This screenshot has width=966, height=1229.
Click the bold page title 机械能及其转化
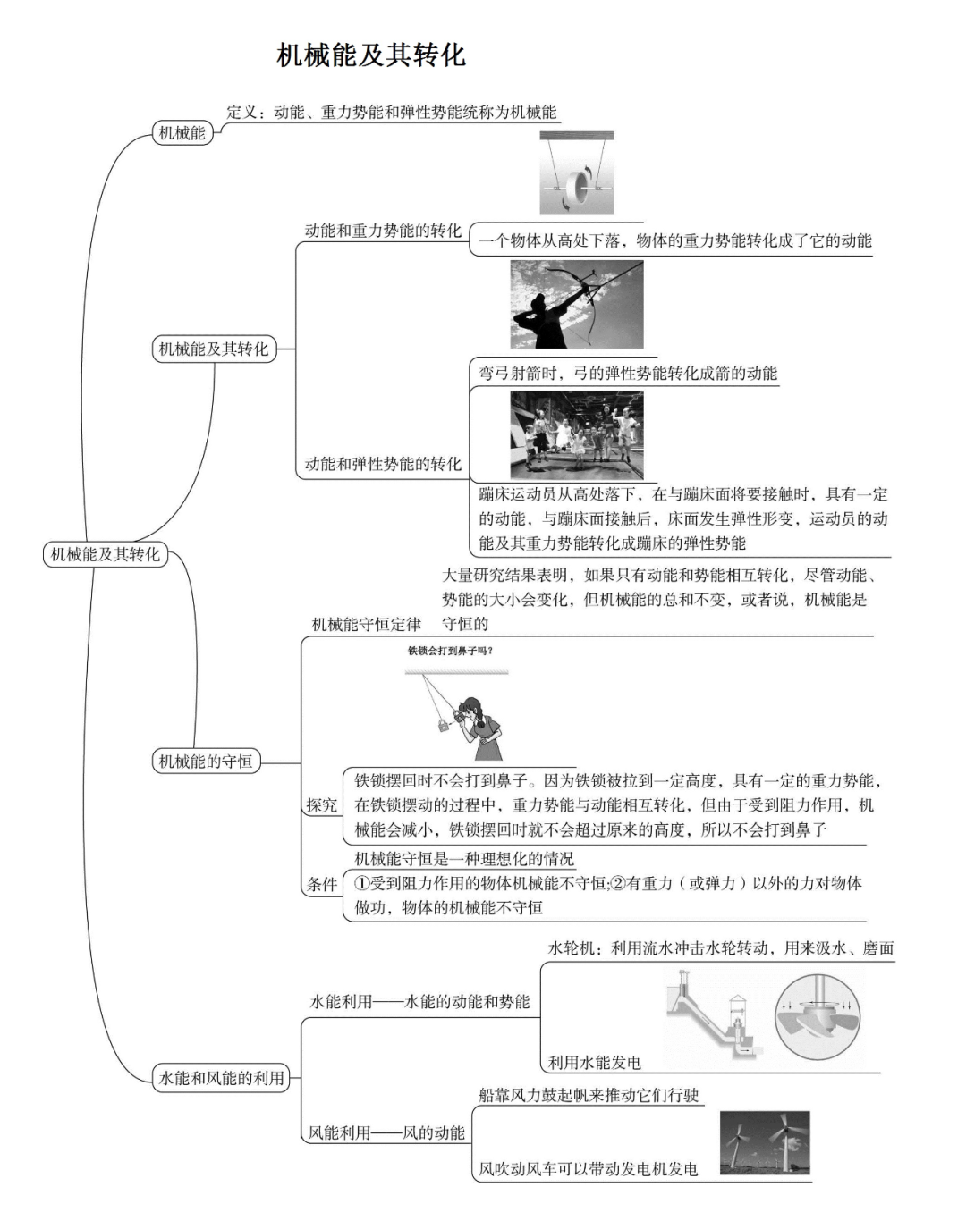click(370, 55)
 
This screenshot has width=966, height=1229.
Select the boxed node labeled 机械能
click(182, 133)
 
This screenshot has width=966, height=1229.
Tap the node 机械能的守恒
click(205, 762)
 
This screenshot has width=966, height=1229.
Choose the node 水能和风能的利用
click(221, 1078)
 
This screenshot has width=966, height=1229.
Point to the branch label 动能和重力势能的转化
click(383, 231)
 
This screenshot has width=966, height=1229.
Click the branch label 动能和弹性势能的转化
click(383, 464)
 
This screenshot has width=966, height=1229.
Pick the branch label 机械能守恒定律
click(366, 624)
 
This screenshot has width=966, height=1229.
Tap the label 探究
click(322, 805)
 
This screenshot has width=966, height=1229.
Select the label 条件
click(322, 884)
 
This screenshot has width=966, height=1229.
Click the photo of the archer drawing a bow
click(576, 305)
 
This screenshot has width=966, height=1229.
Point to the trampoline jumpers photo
click(576, 434)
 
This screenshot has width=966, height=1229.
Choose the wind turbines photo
click(765, 1142)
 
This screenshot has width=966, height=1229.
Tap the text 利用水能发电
click(594, 1063)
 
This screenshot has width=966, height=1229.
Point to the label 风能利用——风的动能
click(386, 1132)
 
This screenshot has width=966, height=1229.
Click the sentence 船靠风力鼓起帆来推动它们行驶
click(589, 1095)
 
